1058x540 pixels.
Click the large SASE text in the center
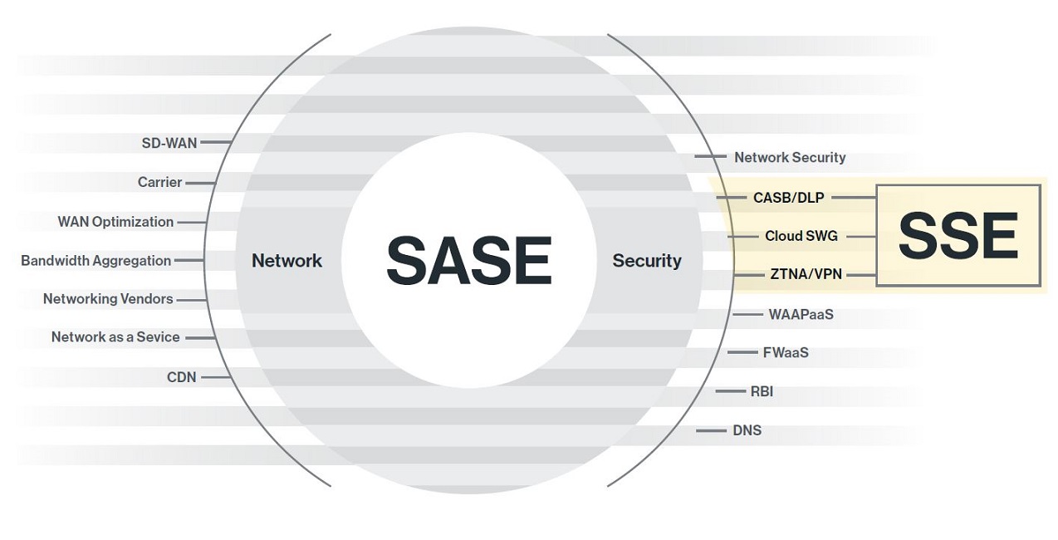coord(469,260)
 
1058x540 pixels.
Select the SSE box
coord(958,236)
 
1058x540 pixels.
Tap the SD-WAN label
coord(169,143)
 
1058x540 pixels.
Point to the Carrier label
coord(160,182)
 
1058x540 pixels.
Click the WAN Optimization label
coord(115,222)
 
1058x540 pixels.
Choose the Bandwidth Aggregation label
coord(96,261)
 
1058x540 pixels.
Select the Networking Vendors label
coord(108,299)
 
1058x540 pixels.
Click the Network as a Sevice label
coord(115,337)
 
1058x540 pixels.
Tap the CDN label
coord(182,377)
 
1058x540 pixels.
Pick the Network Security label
coord(790,157)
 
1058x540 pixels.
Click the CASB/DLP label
coord(788,198)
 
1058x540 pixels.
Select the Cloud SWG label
coord(801,236)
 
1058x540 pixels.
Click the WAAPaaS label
coord(801,315)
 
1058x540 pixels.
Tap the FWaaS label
coord(786,352)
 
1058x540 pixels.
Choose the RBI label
coord(762,391)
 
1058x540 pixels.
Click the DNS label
coord(747,430)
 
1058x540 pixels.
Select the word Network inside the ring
coord(287,261)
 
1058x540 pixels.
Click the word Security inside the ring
coord(647,261)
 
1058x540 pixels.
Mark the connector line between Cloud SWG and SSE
coord(860,236)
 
